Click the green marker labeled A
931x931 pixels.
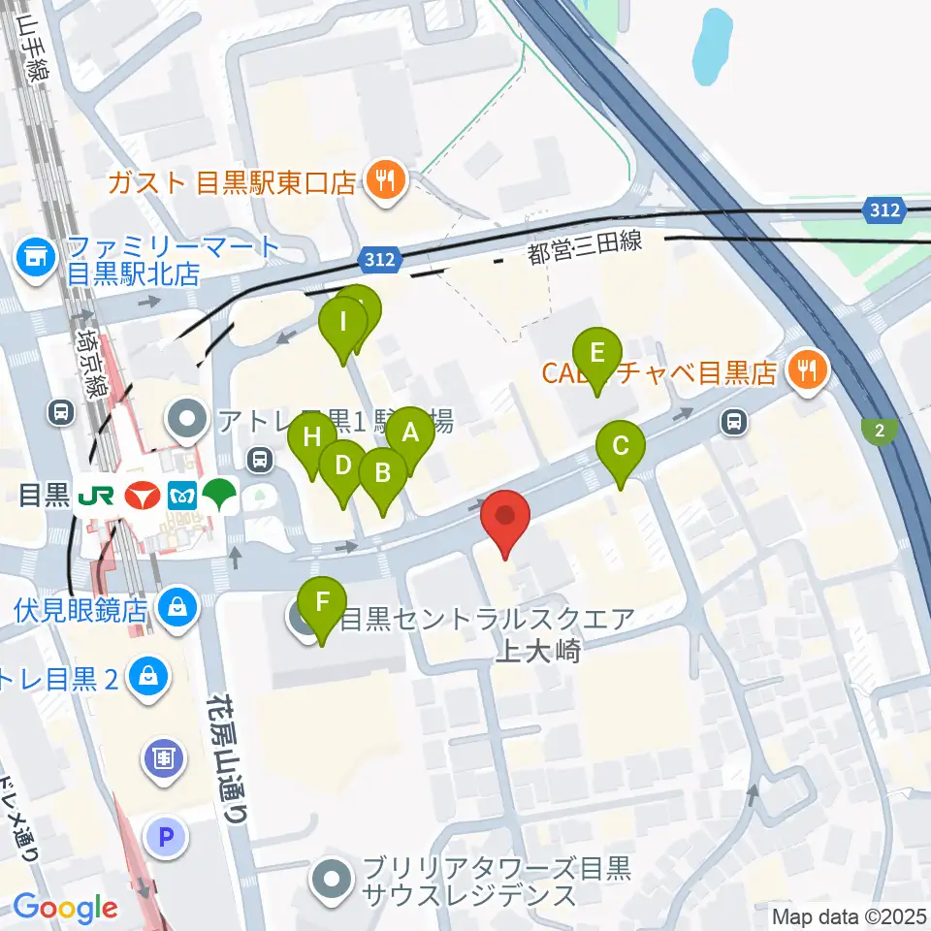tap(409, 433)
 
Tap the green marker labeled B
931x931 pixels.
tap(382, 473)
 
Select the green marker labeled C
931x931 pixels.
tap(621, 447)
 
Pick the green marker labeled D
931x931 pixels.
tap(342, 465)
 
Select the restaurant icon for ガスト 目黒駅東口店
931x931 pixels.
tap(386, 180)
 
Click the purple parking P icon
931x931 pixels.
tap(167, 834)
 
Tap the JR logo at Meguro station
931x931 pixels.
tap(97, 497)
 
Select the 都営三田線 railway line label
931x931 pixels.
tap(585, 247)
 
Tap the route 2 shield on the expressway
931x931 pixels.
tap(879, 431)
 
